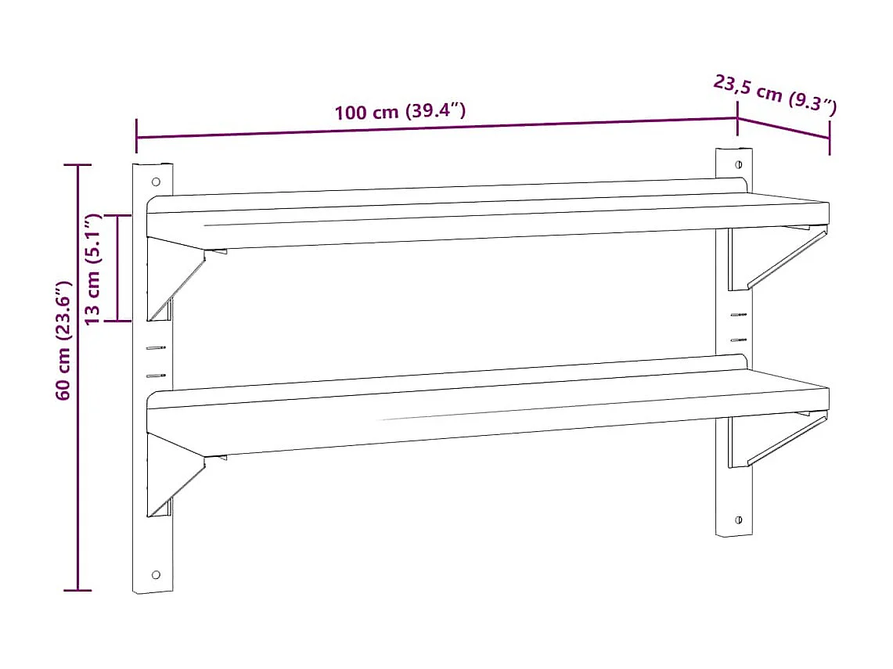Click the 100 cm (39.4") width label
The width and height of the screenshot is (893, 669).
click(x=400, y=111)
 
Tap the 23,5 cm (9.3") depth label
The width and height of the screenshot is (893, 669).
click(x=775, y=93)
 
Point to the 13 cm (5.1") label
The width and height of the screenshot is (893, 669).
click(x=93, y=268)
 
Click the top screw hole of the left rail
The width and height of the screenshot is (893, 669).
click(x=156, y=182)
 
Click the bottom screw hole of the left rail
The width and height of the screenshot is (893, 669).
click(x=156, y=574)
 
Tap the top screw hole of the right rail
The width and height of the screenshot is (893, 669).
click(x=738, y=165)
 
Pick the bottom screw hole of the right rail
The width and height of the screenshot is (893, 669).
click(x=738, y=520)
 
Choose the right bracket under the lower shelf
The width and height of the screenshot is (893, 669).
click(x=775, y=440)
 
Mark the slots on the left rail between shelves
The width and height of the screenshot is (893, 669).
click(x=157, y=361)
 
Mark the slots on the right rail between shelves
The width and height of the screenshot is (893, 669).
click(x=738, y=327)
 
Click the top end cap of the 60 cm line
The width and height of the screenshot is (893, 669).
click(x=77, y=165)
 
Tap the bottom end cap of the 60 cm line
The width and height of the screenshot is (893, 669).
click(x=77, y=590)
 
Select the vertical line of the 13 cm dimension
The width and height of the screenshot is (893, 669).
click(x=117, y=268)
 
